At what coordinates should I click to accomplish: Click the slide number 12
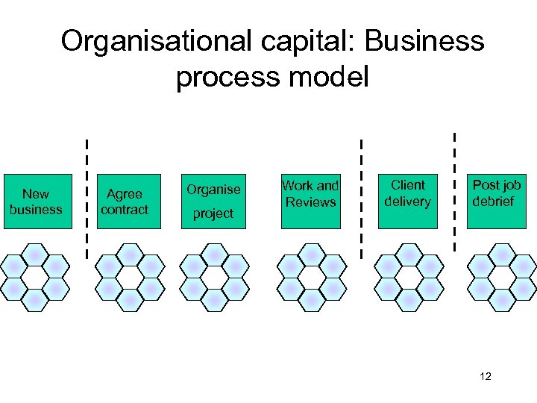(x=486, y=376)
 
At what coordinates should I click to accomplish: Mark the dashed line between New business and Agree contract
(x=87, y=198)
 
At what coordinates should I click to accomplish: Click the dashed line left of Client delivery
(x=362, y=198)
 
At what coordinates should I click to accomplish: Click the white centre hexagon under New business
(x=35, y=277)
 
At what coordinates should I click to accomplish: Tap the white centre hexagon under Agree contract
(x=130, y=277)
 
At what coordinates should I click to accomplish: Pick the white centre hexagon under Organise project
(x=215, y=277)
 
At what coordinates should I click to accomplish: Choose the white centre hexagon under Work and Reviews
(x=312, y=277)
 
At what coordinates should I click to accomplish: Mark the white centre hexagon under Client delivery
(x=408, y=277)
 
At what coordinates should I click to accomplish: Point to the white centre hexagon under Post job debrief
(x=502, y=277)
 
